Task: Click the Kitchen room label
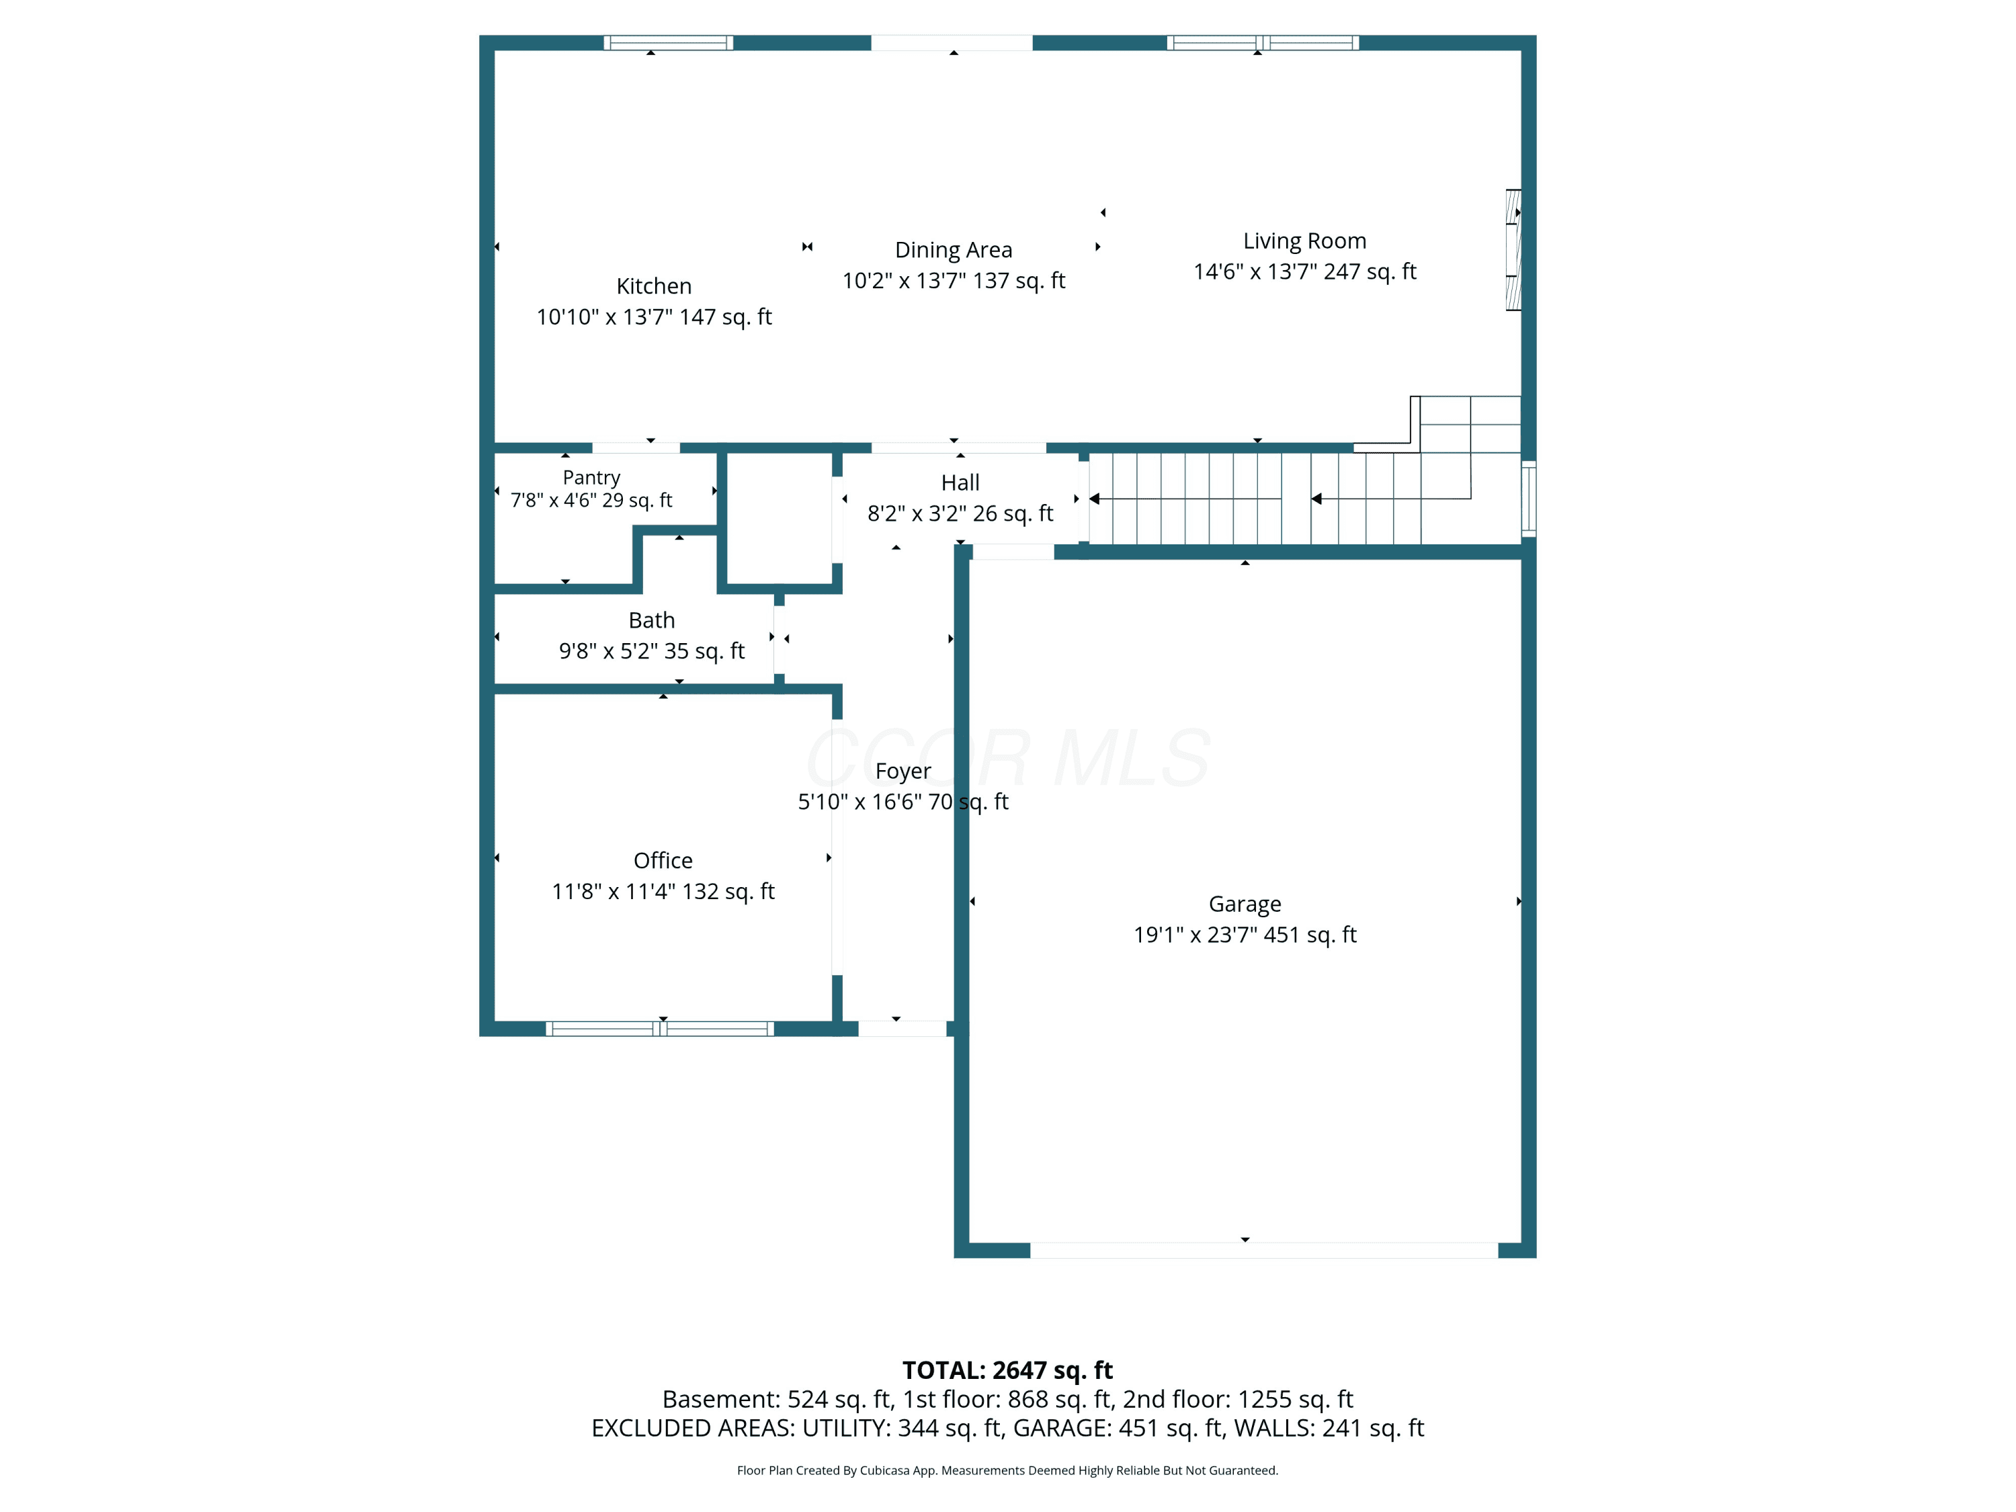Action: [653, 286]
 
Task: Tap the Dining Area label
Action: [954, 250]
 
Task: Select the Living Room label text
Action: [1304, 241]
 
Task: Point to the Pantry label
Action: [591, 478]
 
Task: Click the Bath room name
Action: [652, 621]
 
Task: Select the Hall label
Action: [960, 483]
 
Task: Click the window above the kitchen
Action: [668, 43]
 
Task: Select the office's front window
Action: [660, 1029]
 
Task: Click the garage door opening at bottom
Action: [1263, 1251]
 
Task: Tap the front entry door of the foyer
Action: [902, 1029]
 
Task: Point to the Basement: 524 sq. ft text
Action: [778, 1399]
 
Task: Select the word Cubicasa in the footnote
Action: [884, 1470]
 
